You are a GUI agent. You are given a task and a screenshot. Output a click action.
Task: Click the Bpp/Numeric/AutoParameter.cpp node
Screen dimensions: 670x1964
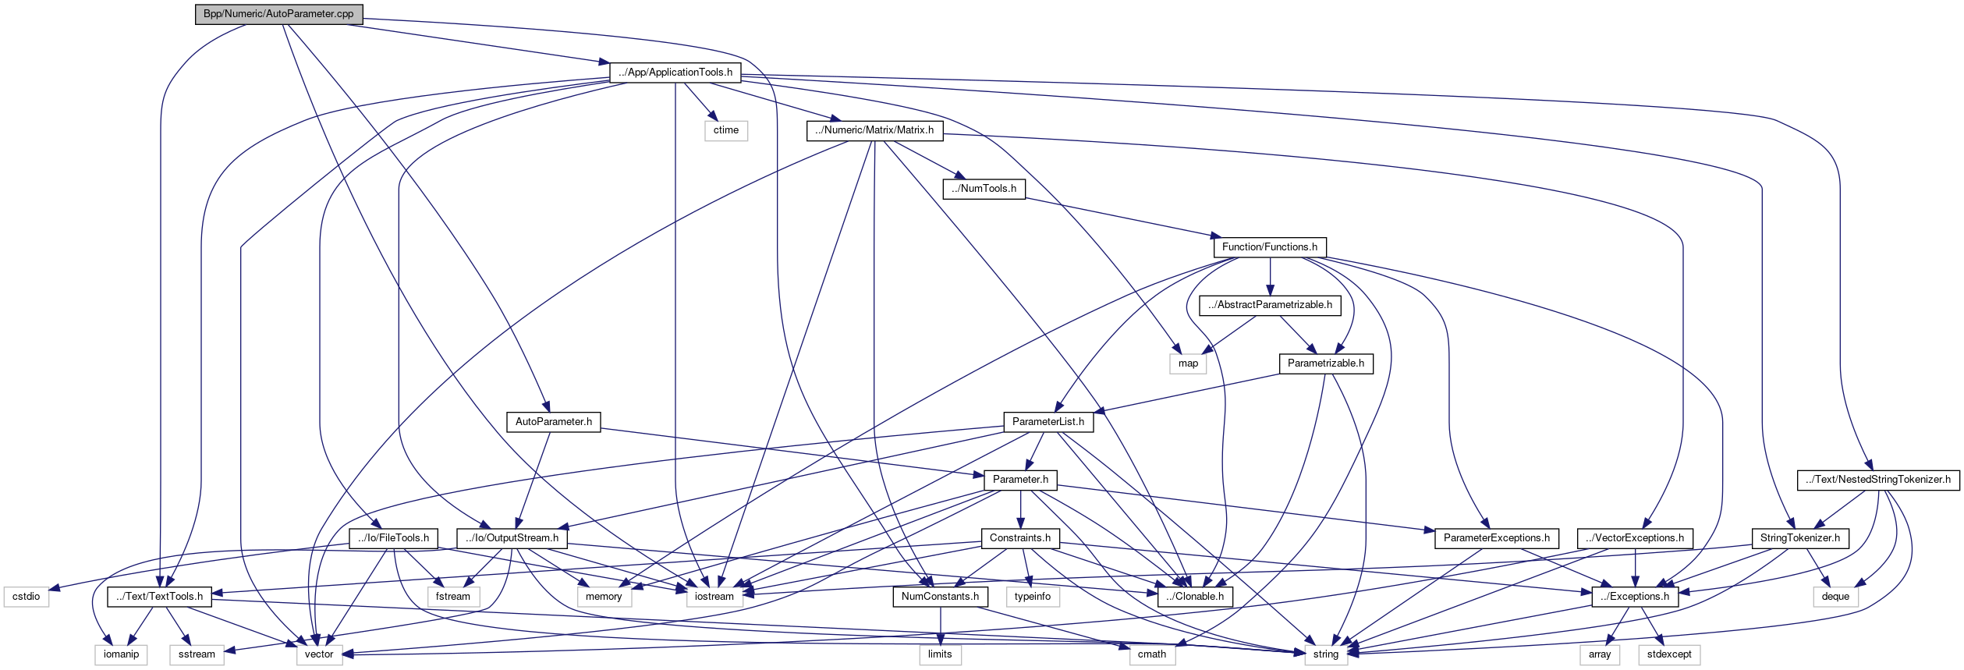tap(278, 14)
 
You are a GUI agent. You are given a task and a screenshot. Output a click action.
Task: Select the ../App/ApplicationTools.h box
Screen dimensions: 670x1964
tap(675, 73)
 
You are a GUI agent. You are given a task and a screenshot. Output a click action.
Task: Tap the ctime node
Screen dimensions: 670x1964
tap(725, 130)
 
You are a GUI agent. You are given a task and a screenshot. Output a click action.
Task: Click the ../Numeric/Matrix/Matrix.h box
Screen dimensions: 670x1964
tap(874, 130)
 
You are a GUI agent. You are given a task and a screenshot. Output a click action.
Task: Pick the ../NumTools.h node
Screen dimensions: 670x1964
tap(984, 189)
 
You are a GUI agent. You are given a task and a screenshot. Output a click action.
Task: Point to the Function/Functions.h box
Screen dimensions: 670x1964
tap(1269, 247)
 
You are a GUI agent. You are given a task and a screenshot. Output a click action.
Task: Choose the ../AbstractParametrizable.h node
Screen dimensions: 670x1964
tap(1270, 305)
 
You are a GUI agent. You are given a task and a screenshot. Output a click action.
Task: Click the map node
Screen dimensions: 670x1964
tap(1188, 363)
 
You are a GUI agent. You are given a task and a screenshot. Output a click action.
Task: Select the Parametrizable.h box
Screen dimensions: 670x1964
tap(1325, 363)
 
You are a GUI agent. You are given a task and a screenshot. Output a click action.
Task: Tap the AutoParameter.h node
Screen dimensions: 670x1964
tap(553, 422)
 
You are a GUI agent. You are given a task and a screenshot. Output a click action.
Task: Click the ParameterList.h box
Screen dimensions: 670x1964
tap(1048, 422)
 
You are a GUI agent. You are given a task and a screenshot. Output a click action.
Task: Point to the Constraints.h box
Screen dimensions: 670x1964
tap(1019, 538)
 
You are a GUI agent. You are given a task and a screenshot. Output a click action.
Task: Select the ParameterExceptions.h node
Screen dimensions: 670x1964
tap(1496, 538)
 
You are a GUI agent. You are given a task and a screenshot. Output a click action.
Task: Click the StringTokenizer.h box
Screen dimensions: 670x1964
tap(1799, 538)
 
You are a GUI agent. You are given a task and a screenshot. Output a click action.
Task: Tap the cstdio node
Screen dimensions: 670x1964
tap(26, 597)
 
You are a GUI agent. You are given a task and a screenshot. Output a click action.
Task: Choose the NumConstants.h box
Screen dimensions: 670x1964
tap(940, 597)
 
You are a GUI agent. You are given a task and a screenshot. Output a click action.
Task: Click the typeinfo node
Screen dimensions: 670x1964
tap(1032, 597)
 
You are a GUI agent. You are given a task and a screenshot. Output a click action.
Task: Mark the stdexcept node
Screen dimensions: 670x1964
tap(1669, 654)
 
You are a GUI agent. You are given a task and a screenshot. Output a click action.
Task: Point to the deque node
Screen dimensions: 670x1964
tap(1835, 597)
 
